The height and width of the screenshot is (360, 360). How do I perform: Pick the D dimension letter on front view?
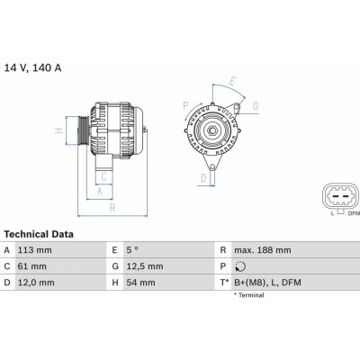pos(202,177)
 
